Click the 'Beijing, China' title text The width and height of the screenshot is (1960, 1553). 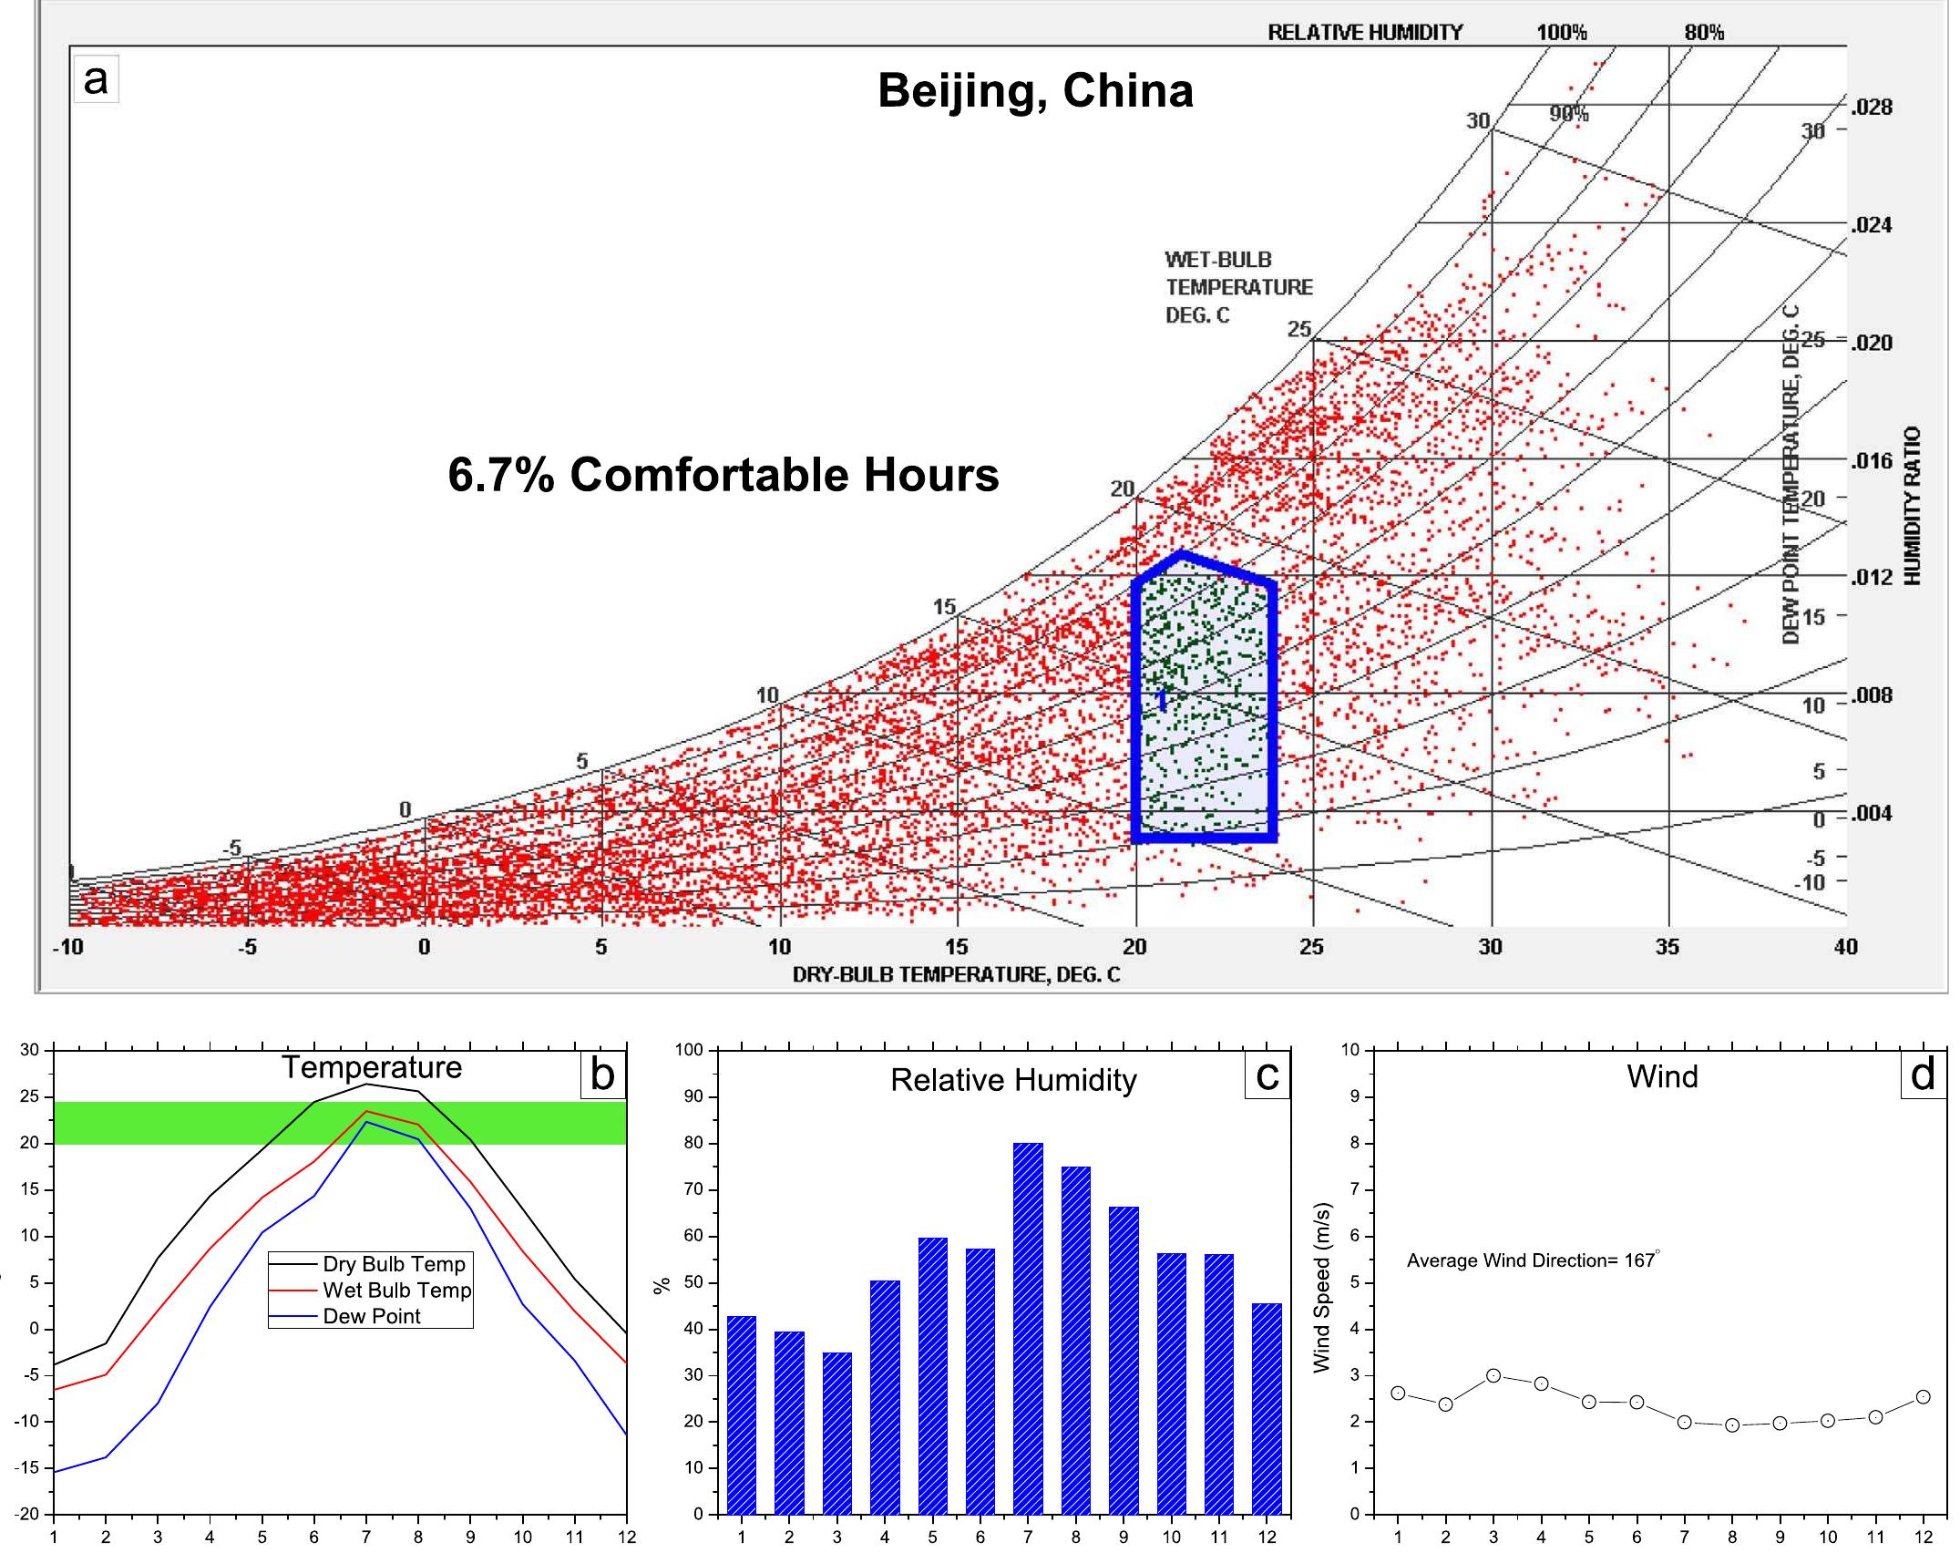[1035, 91]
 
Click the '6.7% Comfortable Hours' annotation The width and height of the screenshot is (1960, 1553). [723, 475]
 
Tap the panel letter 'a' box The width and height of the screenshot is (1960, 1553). [96, 80]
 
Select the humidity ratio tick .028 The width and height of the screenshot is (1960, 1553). [1872, 108]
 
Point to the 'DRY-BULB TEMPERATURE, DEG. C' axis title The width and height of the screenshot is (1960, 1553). [956, 975]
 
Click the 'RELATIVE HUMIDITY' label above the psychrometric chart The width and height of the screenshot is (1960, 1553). [1365, 33]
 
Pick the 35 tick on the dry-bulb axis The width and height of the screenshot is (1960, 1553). [1668, 947]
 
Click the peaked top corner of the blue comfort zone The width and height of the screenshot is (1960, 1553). [1182, 553]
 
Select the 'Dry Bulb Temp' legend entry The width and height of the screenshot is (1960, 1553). [394, 1264]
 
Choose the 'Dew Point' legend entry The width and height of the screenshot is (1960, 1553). [372, 1316]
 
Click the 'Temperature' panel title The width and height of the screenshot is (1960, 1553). [372, 1067]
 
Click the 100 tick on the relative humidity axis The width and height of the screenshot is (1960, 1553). [690, 1050]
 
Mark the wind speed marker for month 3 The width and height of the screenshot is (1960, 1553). [1493, 1375]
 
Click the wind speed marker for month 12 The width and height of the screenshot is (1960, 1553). [1924, 1396]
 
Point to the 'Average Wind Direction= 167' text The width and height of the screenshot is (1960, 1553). [1531, 1260]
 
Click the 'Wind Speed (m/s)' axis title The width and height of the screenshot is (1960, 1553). [1322, 1288]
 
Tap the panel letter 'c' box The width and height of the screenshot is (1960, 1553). [1267, 1075]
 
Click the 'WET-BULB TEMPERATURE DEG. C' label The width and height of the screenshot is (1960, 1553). [1238, 287]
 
